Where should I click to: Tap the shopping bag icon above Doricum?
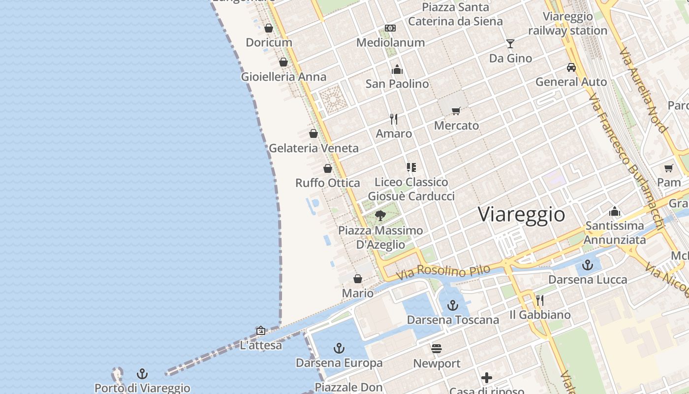(269, 28)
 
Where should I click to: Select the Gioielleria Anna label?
(283, 77)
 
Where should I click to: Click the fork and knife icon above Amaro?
(394, 119)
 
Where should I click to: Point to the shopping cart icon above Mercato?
(456, 111)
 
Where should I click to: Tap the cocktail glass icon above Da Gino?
(510, 44)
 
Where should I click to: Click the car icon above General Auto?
(571, 67)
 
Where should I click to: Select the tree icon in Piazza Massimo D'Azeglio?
(380, 215)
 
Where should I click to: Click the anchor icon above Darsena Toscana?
(453, 305)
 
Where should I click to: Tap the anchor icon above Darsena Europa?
(339, 349)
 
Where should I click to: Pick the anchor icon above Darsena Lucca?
(588, 265)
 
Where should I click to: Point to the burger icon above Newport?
(437, 349)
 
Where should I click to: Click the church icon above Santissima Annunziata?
(615, 211)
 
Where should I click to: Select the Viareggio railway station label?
(568, 24)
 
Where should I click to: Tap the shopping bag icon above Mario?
(358, 279)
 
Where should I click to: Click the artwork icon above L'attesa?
(261, 330)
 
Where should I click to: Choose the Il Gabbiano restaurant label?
(540, 315)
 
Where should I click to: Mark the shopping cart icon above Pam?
(669, 168)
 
